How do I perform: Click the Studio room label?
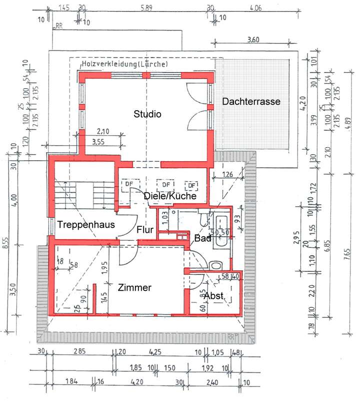tap(147, 114)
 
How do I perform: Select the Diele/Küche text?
tap(169, 196)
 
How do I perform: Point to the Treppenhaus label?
tap(86, 225)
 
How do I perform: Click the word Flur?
tap(145, 230)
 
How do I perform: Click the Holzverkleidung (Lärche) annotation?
tap(125, 65)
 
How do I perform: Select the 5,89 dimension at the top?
tap(146, 8)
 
